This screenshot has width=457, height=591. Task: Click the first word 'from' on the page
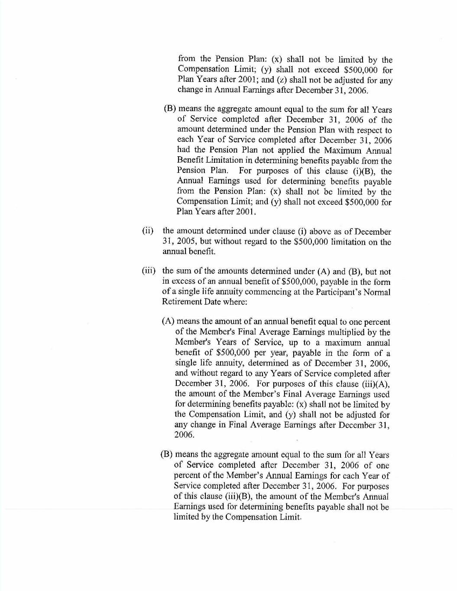(187, 59)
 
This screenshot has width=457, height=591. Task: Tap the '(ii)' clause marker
(148, 231)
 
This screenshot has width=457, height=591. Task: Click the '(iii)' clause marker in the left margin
(149, 271)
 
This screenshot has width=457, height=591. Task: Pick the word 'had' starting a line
(184, 150)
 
